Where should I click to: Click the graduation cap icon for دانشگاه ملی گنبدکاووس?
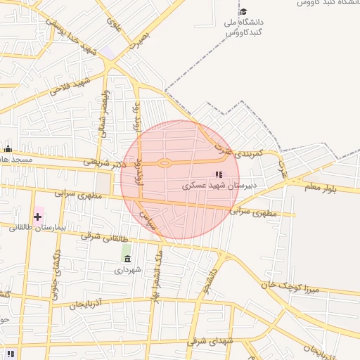click(243, 11)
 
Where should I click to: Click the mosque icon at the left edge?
click(8, 148)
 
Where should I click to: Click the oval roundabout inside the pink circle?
click(165, 163)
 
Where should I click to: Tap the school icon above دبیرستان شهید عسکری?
click(219, 174)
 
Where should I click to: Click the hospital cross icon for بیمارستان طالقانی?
click(37, 217)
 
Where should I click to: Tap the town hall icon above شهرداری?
click(127, 257)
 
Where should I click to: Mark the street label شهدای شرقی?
click(210, 342)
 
